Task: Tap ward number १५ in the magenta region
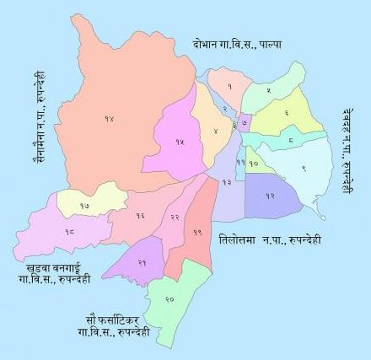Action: click(179, 142)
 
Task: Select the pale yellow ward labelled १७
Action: click(85, 205)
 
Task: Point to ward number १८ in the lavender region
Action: click(68, 230)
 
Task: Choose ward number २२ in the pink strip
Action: click(175, 218)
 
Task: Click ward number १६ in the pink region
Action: click(139, 217)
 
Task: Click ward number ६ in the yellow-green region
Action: click(286, 111)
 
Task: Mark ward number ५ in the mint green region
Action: click(268, 89)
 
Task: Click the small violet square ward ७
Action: click(244, 123)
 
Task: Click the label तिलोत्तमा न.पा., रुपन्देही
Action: click(269, 239)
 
